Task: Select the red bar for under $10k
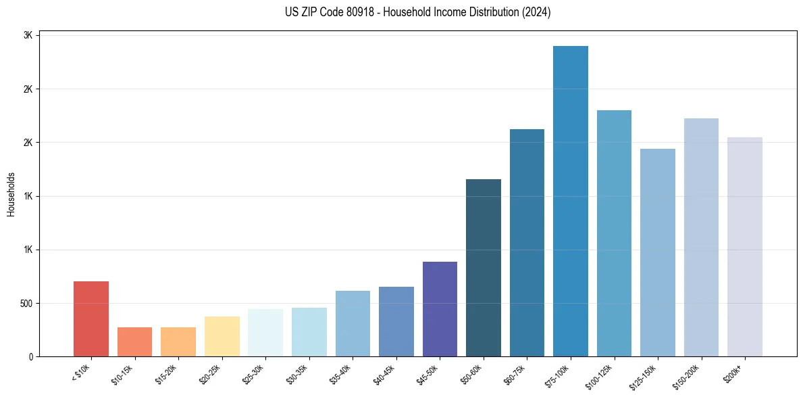coord(91,319)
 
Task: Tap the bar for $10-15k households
coord(134,342)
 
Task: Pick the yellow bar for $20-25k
coord(222,336)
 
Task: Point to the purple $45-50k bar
coord(440,308)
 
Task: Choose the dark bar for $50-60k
coord(484,267)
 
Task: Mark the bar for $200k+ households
coord(744,246)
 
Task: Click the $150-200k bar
coord(701,237)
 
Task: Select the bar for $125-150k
coord(657,252)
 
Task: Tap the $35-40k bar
coord(353,323)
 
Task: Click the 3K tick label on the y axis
coord(28,36)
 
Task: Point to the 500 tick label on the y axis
coord(26,304)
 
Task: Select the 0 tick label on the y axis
coord(31,357)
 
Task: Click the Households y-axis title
coord(11,194)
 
